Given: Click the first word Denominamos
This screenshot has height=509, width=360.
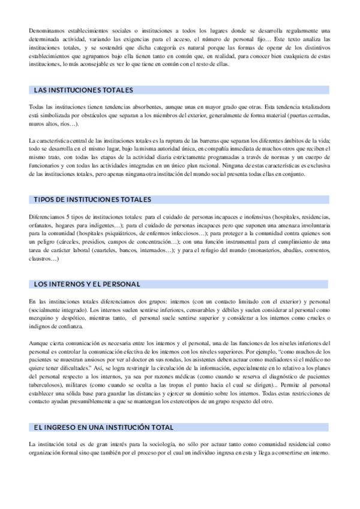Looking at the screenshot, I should click(x=47, y=31).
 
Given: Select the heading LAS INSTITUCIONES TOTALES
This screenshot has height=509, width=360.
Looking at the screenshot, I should click(x=83, y=90).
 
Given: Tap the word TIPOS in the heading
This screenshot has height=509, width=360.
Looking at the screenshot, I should click(x=46, y=199).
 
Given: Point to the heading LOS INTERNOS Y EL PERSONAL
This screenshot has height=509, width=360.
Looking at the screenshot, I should click(x=87, y=283).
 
